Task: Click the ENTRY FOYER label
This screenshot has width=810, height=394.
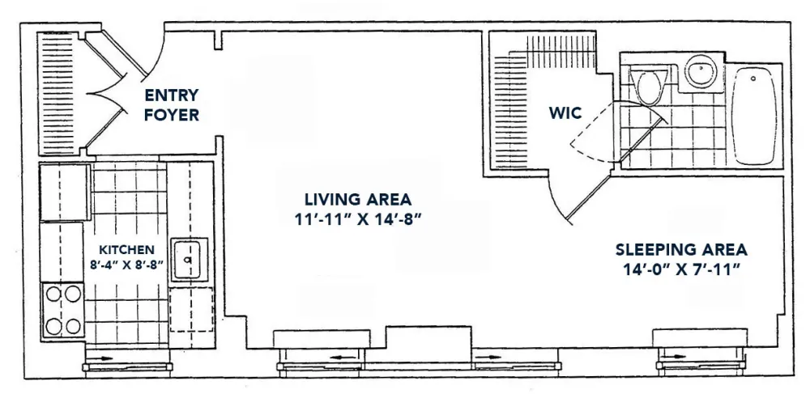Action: [172, 105]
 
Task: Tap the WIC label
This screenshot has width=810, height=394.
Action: [565, 112]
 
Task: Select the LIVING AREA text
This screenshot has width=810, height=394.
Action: [358, 199]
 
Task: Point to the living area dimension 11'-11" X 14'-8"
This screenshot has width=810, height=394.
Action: [358, 219]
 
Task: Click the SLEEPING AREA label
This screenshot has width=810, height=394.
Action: [681, 250]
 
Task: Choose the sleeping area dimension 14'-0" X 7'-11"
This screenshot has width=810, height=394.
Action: [681, 270]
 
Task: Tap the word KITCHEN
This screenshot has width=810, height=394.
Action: [126, 250]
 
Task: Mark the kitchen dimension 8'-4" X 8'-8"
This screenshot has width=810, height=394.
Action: [126, 265]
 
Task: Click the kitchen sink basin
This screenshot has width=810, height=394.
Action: [189, 260]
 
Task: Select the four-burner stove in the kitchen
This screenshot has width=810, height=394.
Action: [63, 310]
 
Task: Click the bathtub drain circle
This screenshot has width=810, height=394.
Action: [753, 78]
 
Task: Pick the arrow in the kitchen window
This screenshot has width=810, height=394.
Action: [104, 357]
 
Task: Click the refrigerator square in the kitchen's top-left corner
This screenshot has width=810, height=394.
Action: [66, 192]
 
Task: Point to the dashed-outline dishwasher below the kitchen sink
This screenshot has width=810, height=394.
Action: [192, 309]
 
